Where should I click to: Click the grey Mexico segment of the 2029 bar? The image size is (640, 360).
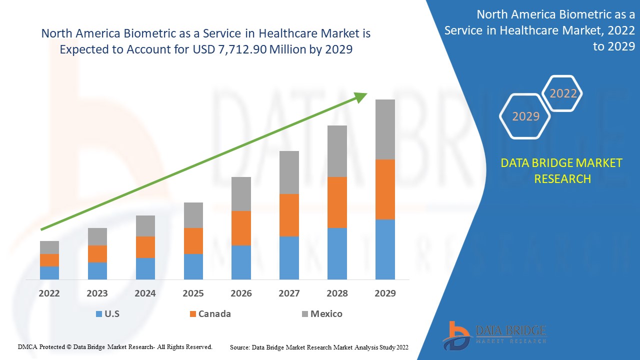pos(385,129)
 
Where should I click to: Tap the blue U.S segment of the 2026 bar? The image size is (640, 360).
pos(241,262)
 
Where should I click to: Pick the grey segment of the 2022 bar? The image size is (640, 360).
pos(49,247)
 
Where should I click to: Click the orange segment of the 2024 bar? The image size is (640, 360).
pos(145,247)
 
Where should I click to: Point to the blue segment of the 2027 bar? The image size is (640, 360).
pos(289,257)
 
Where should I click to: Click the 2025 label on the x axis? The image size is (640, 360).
pos(193,293)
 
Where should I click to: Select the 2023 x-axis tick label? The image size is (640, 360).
pos(97,293)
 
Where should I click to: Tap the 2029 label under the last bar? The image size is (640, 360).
pos(385,293)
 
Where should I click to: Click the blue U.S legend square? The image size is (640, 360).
pos(98,314)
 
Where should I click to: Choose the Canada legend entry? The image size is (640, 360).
pos(214,314)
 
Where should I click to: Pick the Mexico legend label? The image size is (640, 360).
pos(326,314)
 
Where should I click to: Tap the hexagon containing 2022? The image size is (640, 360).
pos(563,93)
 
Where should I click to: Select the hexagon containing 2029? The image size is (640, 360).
pos(525,116)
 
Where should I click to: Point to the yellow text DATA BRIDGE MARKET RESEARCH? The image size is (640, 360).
pos(562,170)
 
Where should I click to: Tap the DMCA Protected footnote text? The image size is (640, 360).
pos(115,346)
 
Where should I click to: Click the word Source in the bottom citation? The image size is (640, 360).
pos(239,347)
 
